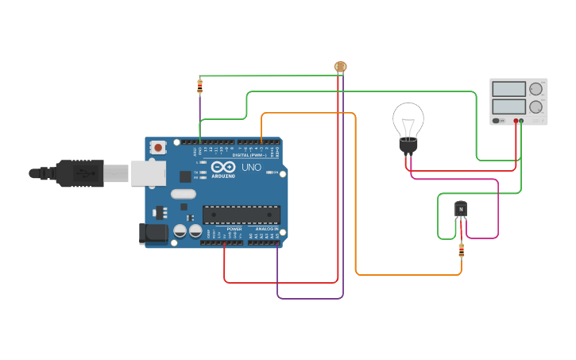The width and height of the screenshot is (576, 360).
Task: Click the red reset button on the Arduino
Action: pos(158,147)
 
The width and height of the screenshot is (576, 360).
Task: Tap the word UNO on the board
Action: pos(251,167)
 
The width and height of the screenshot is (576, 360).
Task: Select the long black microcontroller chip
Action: pos(241,215)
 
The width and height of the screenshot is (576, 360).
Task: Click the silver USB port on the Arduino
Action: pos(149,172)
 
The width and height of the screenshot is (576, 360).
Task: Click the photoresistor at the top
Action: pos(340,68)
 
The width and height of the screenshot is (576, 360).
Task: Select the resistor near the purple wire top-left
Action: pos(199,86)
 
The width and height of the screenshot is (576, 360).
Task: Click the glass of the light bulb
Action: pos(408,120)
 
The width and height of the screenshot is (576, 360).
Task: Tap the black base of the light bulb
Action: pos(408,145)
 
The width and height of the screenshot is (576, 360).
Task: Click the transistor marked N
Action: pos(461,210)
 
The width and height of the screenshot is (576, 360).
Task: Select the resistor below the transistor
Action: pos(462,250)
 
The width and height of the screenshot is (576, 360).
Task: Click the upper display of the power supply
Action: pos(508,89)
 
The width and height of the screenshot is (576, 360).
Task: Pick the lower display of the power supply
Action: pos(508,106)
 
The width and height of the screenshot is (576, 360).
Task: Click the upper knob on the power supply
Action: pos(536,89)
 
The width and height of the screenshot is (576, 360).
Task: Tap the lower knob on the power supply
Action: pos(536,106)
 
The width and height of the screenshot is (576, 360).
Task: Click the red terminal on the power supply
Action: pos(516,122)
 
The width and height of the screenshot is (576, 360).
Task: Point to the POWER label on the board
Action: pos(234,229)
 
